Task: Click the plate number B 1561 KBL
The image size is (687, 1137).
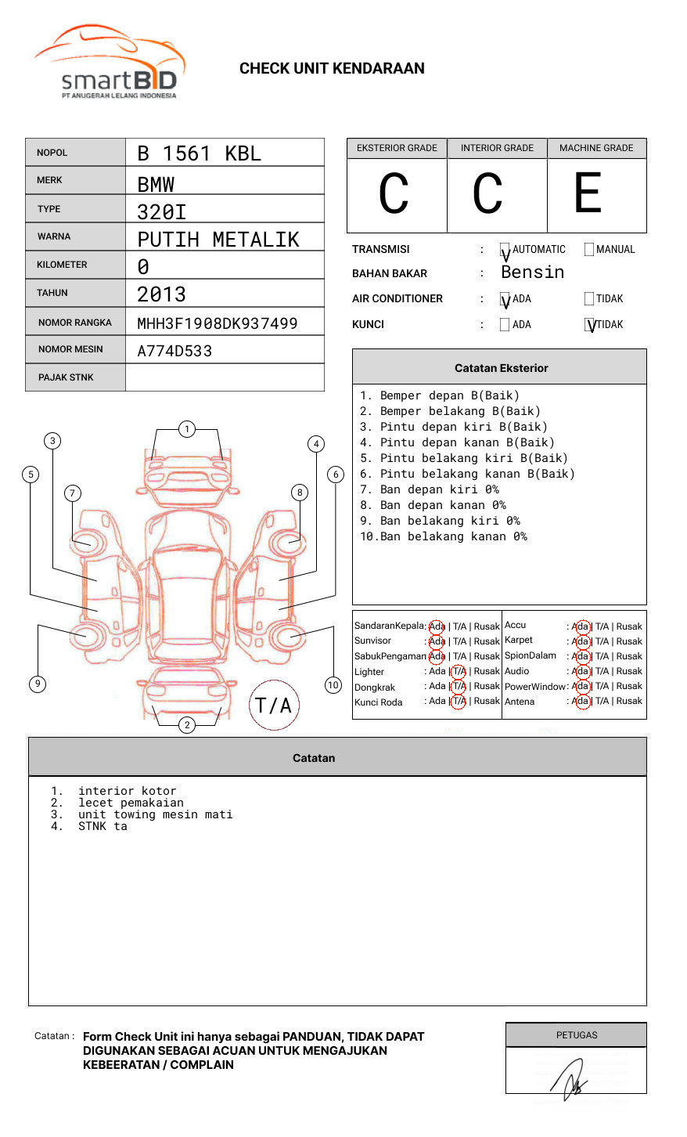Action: (199, 153)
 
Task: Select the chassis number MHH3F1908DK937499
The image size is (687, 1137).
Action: (217, 323)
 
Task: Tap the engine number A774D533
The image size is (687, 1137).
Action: (174, 351)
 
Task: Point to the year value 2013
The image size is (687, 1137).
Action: (161, 294)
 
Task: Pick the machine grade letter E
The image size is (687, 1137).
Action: (588, 193)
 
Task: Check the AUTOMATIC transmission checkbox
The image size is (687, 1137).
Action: (505, 250)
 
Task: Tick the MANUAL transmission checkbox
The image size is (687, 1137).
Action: (589, 250)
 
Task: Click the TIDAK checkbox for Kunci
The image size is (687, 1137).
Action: (590, 325)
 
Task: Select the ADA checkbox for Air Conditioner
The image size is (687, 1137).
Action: (505, 299)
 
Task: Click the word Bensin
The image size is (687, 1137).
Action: (532, 273)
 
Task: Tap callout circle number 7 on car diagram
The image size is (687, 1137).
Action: (73, 493)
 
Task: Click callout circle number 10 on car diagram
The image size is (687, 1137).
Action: (333, 685)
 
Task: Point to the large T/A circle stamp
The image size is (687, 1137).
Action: (274, 705)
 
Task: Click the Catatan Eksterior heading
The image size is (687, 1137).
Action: (501, 368)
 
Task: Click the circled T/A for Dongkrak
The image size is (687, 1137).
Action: (459, 686)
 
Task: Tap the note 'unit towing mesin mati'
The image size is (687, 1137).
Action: (155, 814)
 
